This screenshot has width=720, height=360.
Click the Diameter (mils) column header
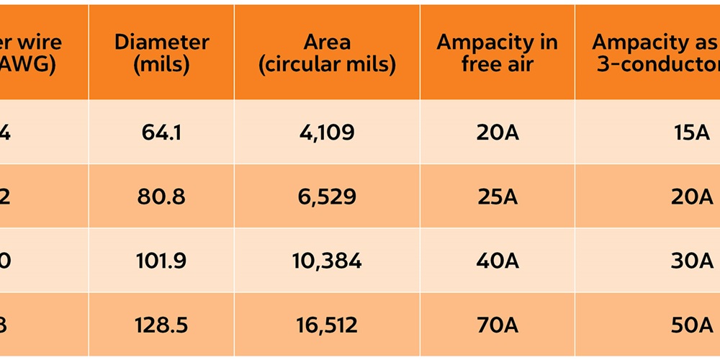click(161, 53)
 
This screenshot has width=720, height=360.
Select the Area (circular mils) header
click(327, 53)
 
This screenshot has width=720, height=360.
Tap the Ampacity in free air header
click(497, 53)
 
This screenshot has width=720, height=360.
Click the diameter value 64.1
click(161, 133)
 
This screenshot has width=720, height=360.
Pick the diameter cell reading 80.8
click(161, 197)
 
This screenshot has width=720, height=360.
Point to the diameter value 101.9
click(161, 261)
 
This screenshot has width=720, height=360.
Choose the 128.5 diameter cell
click(161, 325)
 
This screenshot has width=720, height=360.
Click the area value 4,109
click(327, 133)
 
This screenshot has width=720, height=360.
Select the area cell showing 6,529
click(327, 197)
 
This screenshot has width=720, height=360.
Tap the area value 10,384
click(327, 261)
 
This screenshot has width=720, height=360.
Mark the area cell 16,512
click(327, 325)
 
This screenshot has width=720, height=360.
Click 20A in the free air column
click(497, 133)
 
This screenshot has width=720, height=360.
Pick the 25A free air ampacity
click(497, 197)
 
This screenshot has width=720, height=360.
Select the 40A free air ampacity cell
click(497, 261)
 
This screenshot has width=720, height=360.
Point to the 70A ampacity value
click(497, 325)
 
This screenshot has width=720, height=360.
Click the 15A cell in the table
click(690, 133)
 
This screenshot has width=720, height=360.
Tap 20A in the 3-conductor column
click(691, 197)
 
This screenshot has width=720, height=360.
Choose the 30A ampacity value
click(691, 261)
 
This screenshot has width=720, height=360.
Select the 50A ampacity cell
click(691, 325)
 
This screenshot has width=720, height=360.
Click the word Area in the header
click(327, 42)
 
